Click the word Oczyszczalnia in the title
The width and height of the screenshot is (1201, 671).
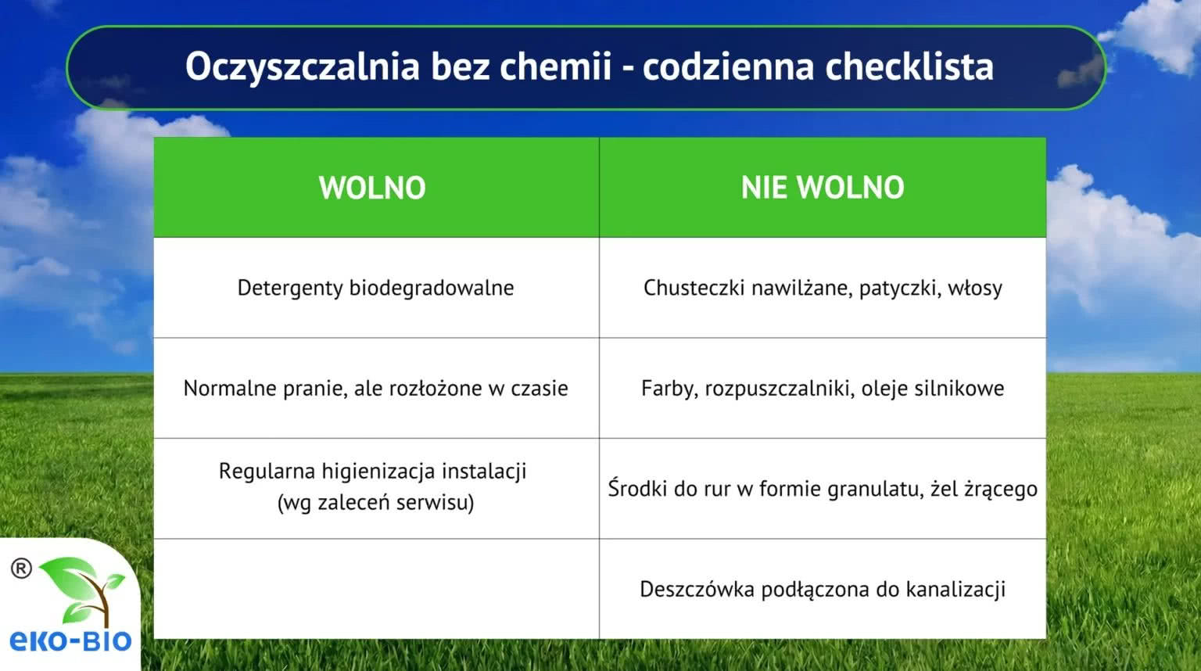tap(303, 67)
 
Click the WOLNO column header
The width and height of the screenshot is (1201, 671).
tap(372, 187)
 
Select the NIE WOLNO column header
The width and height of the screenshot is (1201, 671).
tap(823, 187)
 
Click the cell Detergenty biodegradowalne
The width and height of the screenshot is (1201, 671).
tap(376, 288)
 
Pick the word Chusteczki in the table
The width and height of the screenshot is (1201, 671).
tap(694, 288)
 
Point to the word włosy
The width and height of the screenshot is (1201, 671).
tap(975, 289)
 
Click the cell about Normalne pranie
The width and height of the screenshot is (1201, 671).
tap(376, 389)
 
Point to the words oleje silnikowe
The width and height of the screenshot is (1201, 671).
tap(933, 389)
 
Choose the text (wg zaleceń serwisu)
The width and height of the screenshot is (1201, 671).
tap(376, 503)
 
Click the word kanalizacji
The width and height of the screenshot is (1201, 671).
tap(956, 589)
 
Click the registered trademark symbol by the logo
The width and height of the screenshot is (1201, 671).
tap(21, 569)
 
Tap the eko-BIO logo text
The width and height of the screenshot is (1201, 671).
tap(71, 640)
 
